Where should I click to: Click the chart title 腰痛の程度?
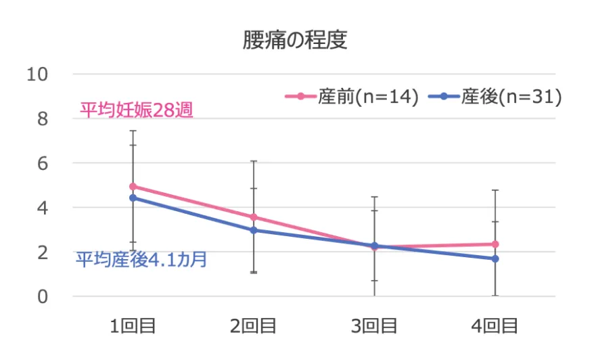(x=296, y=41)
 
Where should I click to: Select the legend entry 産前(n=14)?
(x=352, y=97)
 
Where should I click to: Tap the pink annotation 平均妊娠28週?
(x=137, y=110)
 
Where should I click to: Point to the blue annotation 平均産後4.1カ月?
(x=141, y=259)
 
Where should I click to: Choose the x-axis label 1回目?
(x=133, y=326)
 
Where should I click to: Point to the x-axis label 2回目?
(x=254, y=326)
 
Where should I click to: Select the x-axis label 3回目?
(x=374, y=326)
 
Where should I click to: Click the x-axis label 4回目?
(x=495, y=326)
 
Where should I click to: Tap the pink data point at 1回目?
(x=133, y=186)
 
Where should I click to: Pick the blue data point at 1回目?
(x=133, y=198)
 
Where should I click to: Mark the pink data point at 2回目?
(x=254, y=217)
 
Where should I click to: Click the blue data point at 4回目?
(x=495, y=258)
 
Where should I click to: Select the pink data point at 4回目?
(x=495, y=244)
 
